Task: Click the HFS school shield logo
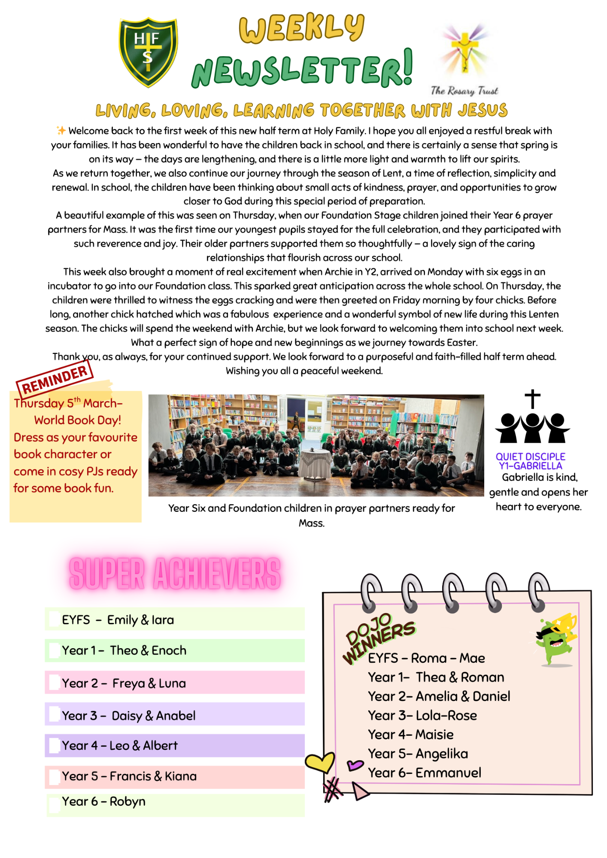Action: (x=148, y=51)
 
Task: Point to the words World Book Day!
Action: (x=78, y=420)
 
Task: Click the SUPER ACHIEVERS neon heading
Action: (x=175, y=574)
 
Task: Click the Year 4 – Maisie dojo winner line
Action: (x=411, y=734)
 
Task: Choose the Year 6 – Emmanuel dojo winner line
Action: (x=425, y=773)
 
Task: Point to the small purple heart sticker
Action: (x=355, y=764)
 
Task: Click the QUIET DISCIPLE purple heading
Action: (x=531, y=456)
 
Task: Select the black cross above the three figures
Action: (x=532, y=399)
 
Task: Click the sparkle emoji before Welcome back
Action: (x=61, y=130)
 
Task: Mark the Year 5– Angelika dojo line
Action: (x=418, y=754)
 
